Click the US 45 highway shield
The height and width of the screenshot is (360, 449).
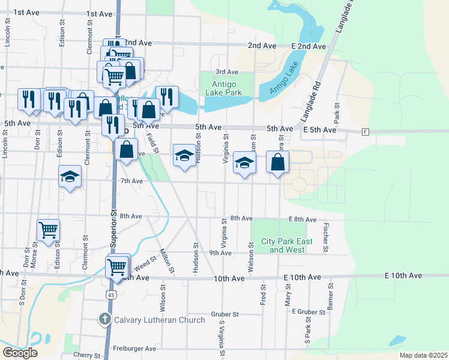(109, 295)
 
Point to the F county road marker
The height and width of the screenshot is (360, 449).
(365, 132)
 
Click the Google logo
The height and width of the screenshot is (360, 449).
(19, 353)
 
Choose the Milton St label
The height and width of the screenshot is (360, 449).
(166, 262)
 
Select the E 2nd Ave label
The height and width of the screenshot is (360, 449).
(309, 46)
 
